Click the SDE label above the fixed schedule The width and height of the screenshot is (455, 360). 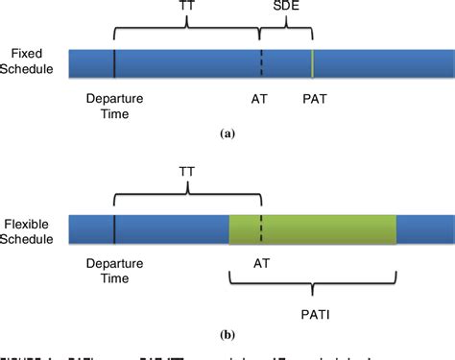point(285,8)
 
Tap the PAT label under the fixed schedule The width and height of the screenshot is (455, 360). point(313,98)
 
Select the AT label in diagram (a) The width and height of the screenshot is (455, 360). point(259,98)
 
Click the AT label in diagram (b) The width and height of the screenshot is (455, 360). point(260,262)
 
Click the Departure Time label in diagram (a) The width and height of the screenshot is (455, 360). point(113,106)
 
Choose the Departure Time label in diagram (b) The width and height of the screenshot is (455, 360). point(113,271)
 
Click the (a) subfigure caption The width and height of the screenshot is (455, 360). point(227,135)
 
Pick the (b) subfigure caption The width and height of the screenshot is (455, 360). point(227,336)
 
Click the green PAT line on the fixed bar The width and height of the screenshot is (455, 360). point(313,62)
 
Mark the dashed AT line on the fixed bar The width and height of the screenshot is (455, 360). point(260,62)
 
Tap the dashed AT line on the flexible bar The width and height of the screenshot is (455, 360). point(260,228)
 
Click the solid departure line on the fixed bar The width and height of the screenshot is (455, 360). point(114,62)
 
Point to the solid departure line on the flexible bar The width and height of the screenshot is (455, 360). point(114,228)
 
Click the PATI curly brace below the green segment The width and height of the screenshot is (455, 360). point(313,282)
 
